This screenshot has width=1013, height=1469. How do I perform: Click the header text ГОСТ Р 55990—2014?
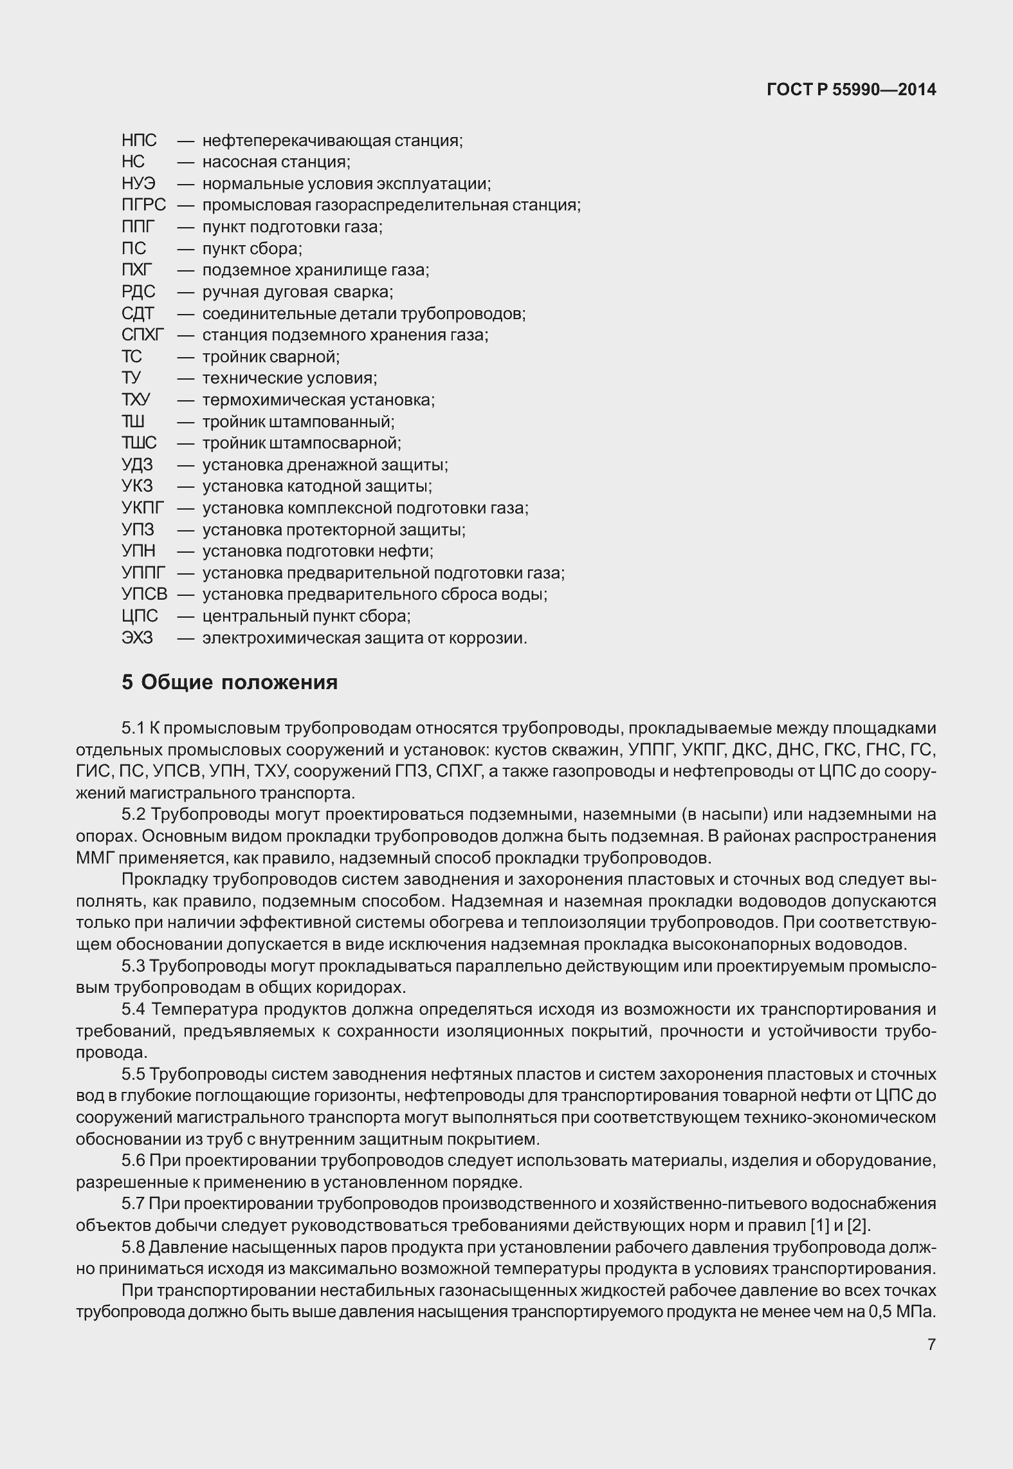[x=851, y=90]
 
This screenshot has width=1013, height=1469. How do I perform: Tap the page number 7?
[x=931, y=1344]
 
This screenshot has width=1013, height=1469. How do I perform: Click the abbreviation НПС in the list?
[x=139, y=140]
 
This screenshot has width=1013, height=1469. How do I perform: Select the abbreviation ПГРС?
[x=143, y=205]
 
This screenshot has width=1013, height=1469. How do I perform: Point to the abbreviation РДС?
[x=138, y=291]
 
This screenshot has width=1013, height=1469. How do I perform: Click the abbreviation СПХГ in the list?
[x=143, y=335]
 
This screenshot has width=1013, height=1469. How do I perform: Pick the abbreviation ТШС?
[x=139, y=443]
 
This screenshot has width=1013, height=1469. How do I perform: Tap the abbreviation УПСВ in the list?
[x=144, y=594]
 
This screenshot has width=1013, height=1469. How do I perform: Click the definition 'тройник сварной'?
[x=271, y=356]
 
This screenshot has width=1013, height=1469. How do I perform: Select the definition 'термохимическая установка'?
[x=318, y=400]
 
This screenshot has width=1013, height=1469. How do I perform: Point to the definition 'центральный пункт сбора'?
[x=306, y=616]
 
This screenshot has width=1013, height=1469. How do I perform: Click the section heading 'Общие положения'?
[x=239, y=682]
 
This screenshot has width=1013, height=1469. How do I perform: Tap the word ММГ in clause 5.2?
[x=95, y=858]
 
